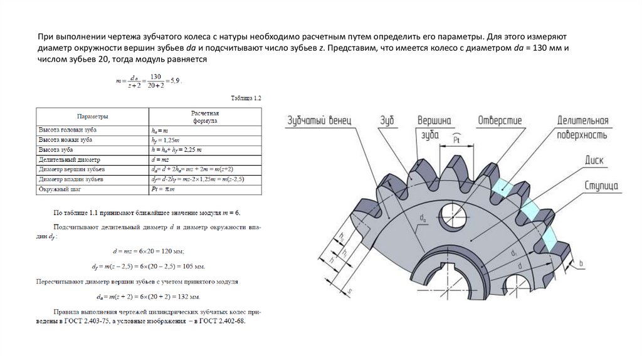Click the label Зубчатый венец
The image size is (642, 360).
[x=320, y=119]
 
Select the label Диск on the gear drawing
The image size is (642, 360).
[x=594, y=161]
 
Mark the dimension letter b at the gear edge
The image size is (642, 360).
[x=581, y=264]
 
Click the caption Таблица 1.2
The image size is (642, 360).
[x=246, y=98]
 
